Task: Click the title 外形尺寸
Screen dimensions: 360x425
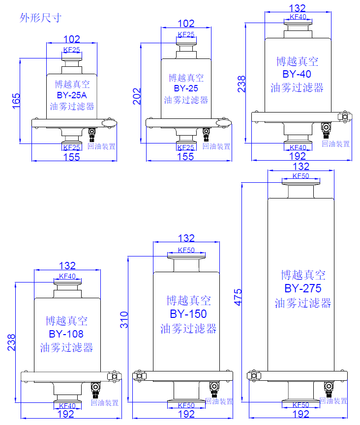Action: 40,18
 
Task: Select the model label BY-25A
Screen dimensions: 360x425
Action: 72,95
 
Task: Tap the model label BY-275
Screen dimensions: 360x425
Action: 303,288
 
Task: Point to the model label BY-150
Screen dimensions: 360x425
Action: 188,314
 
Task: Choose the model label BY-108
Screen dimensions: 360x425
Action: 66,334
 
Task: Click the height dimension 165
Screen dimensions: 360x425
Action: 16,101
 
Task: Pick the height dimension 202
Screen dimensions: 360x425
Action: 137,96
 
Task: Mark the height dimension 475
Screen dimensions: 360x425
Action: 238,297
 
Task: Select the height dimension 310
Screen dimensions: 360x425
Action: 124,320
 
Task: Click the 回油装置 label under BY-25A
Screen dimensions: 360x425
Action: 101,146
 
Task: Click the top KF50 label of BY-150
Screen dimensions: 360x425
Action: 186,250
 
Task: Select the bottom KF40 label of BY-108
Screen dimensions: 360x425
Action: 67,406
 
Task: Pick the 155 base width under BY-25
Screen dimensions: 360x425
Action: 185,157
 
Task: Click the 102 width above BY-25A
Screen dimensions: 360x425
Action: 72,39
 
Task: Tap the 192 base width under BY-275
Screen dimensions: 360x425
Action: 300,414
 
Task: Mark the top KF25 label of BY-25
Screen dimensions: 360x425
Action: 186,34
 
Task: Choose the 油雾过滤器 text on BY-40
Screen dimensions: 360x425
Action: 297,88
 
